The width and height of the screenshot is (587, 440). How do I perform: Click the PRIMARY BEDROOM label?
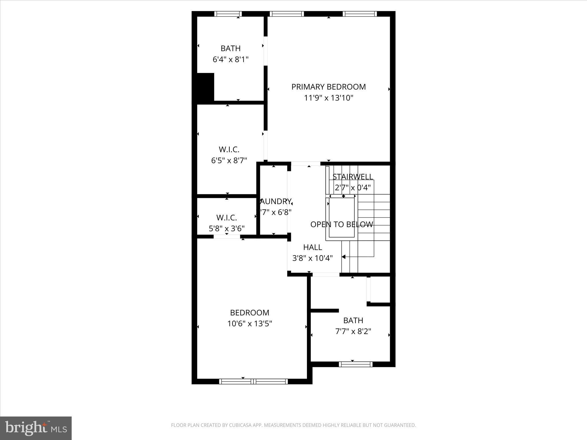[x=328, y=87]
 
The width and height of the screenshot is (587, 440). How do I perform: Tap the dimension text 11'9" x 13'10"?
[x=328, y=98]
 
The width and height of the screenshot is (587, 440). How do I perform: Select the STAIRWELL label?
[x=353, y=176]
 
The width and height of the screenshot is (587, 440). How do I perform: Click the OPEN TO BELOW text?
[x=342, y=224]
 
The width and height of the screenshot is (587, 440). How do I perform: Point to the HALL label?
[x=312, y=247]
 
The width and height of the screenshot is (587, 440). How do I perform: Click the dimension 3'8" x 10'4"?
[x=312, y=258]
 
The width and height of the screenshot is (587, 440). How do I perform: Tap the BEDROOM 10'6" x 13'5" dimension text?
[x=250, y=324]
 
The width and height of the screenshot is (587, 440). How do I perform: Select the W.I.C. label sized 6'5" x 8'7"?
[x=229, y=150]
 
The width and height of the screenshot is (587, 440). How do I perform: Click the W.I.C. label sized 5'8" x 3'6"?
[x=226, y=218]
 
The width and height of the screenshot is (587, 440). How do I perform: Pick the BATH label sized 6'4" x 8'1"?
[x=230, y=48]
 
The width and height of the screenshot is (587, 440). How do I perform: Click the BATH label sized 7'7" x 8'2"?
[x=353, y=320]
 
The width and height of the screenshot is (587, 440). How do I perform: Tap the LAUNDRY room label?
[x=275, y=201]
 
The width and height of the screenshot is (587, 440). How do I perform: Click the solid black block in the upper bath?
[x=205, y=87]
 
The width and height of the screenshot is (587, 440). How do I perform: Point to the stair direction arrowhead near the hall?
[x=344, y=257]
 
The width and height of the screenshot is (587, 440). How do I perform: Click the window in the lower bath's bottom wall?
[x=356, y=364]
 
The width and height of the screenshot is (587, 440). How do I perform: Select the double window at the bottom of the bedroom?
[x=253, y=381]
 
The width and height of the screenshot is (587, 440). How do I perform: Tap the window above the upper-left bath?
[x=228, y=14]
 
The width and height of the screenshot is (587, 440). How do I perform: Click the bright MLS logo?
[x=36, y=428]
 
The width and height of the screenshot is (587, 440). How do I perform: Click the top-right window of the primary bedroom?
[x=359, y=14]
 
